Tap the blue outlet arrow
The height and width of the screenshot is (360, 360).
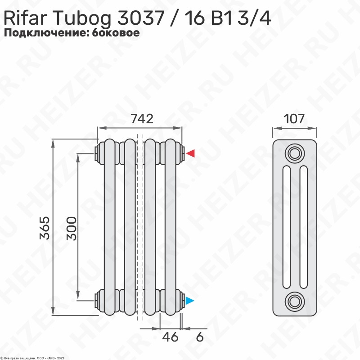[x=190, y=301]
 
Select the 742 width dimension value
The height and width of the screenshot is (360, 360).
[x=142, y=119]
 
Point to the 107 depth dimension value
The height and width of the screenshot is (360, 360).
[x=294, y=119]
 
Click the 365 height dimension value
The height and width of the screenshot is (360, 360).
[x=45, y=228]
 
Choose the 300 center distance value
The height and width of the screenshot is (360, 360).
[x=72, y=229]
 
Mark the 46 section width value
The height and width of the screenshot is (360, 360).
[x=170, y=337]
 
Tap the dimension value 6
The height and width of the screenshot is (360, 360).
[x=200, y=337]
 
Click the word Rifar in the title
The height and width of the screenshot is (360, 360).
[x=25, y=18]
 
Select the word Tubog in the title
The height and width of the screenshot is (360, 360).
[x=82, y=19]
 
